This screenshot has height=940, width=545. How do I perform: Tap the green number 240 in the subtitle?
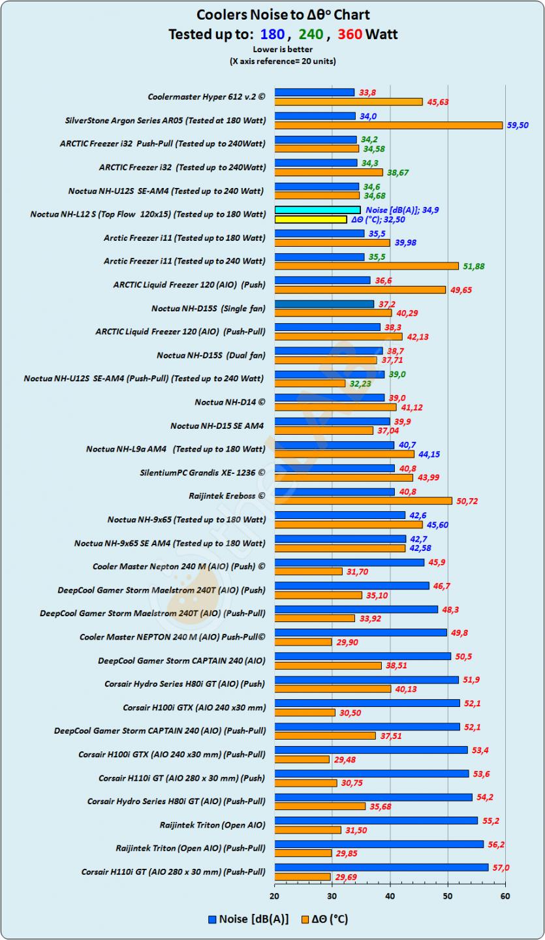[x=311, y=34]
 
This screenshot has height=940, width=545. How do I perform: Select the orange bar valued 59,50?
[x=388, y=125]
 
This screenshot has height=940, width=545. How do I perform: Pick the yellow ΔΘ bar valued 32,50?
[x=311, y=219]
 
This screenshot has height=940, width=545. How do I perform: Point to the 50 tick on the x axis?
[x=448, y=896]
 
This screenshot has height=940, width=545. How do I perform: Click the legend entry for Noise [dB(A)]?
[x=247, y=919]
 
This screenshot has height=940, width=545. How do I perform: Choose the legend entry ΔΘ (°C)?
[x=324, y=919]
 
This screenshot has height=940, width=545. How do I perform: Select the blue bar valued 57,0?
[x=381, y=868]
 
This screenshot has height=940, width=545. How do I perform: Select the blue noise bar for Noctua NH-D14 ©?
[x=330, y=398]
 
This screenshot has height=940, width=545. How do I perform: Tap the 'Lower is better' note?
[x=283, y=49]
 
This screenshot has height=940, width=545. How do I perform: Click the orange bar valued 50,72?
[x=363, y=501]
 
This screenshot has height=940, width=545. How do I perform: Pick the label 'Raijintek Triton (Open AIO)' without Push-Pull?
[x=212, y=825]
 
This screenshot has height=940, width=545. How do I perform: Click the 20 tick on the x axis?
[x=275, y=896]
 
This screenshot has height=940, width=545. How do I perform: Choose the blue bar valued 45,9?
[x=349, y=562]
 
